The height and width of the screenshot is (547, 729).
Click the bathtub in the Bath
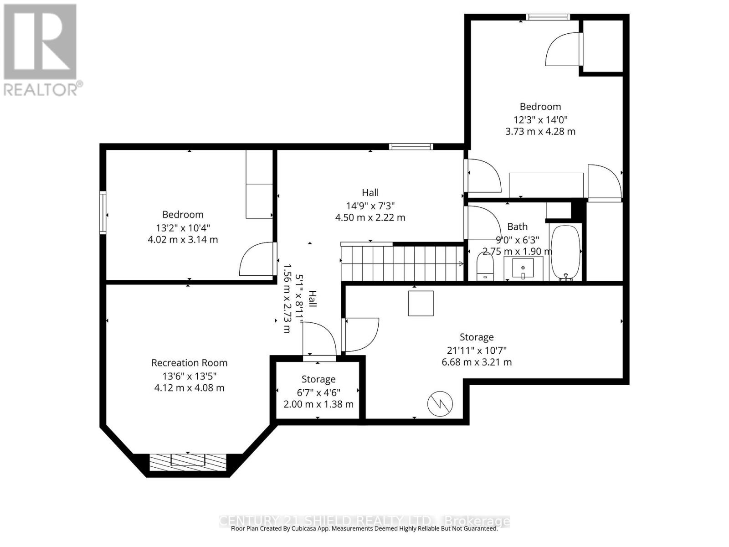[x=565, y=253]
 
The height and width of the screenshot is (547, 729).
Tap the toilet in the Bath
[x=485, y=267]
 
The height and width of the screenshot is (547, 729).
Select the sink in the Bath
[x=523, y=268]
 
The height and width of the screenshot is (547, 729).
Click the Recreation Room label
[x=189, y=363]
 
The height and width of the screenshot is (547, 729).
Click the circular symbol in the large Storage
[x=440, y=403]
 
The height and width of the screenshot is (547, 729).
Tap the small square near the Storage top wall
[x=421, y=303]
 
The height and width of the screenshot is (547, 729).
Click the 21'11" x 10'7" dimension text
[x=477, y=350]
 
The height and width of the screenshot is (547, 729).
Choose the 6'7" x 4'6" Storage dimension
[x=318, y=392]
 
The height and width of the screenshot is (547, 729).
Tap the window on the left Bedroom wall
[x=103, y=213]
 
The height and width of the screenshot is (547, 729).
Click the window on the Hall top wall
[x=411, y=146]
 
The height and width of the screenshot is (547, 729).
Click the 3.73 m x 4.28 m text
[x=540, y=132]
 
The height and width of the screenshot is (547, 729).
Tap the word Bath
[x=517, y=227]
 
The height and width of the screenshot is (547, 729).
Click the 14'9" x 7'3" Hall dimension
[x=370, y=206]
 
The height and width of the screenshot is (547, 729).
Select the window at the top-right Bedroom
[x=547, y=17]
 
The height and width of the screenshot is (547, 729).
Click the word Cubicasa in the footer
[x=303, y=529]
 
